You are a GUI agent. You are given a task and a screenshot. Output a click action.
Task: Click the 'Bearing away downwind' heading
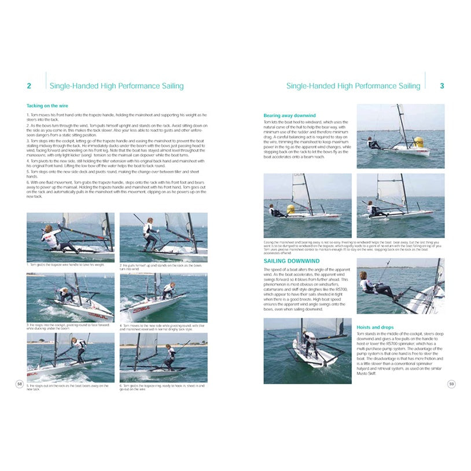pyautogui.click(x=289, y=116)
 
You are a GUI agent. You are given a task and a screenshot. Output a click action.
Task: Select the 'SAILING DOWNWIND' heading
pyautogui.click(x=288, y=261)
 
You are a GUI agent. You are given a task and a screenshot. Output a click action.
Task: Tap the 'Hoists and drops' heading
pyautogui.click(x=377, y=328)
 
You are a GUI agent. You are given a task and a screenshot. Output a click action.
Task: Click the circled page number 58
pyautogui.click(x=20, y=384)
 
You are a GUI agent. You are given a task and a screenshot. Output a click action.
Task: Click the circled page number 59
pyautogui.click(x=451, y=384)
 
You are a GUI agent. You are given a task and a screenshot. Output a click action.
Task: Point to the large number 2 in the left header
pyautogui.click(x=29, y=86)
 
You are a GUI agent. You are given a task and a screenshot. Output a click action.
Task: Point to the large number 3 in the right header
pyautogui.click(x=442, y=86)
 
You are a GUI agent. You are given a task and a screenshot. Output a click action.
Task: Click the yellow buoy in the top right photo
pyautogui.click(x=418, y=142)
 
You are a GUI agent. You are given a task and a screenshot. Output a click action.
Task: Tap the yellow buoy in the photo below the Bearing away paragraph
pyautogui.click(x=290, y=209)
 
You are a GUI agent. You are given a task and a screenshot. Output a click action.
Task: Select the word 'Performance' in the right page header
pyautogui.click(x=376, y=86)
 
